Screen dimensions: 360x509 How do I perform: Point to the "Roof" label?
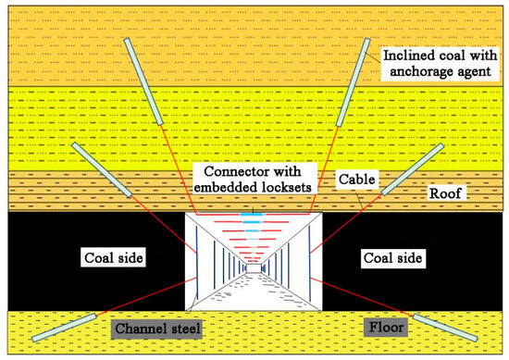point(447,196)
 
